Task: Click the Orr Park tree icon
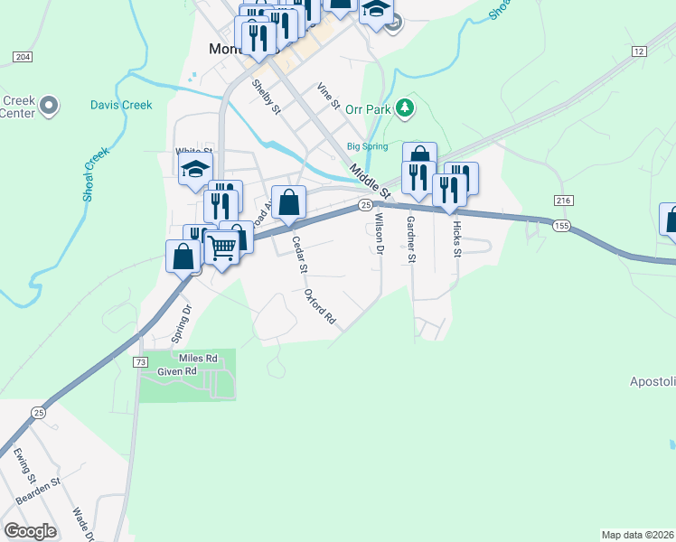pos(406,108)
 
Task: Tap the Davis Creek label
pos(121,105)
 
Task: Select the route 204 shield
pos(23,57)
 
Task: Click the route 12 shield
pos(640,51)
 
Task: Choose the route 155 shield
pos(561,225)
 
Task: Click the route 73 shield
pos(139,362)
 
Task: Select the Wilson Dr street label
pos(380,234)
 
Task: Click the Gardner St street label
pos(410,238)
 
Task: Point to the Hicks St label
pos(457,238)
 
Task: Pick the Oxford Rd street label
pos(320,307)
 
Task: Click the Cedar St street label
pos(300,254)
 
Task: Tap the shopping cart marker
pos(222,245)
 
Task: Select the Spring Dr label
pos(181,323)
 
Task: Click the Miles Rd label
pos(199,359)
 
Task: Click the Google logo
pos(30,530)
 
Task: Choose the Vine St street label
pos(327,96)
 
